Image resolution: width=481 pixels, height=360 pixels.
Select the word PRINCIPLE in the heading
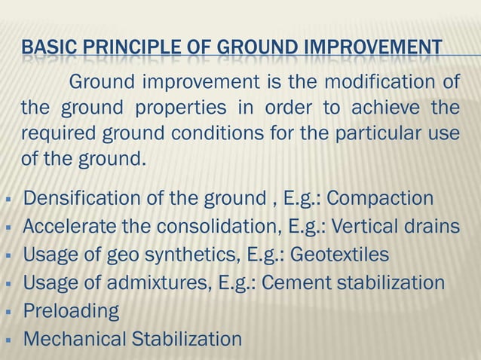pyautogui.click(x=118, y=51)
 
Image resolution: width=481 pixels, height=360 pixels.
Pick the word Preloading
pyautogui.click(x=71, y=311)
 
